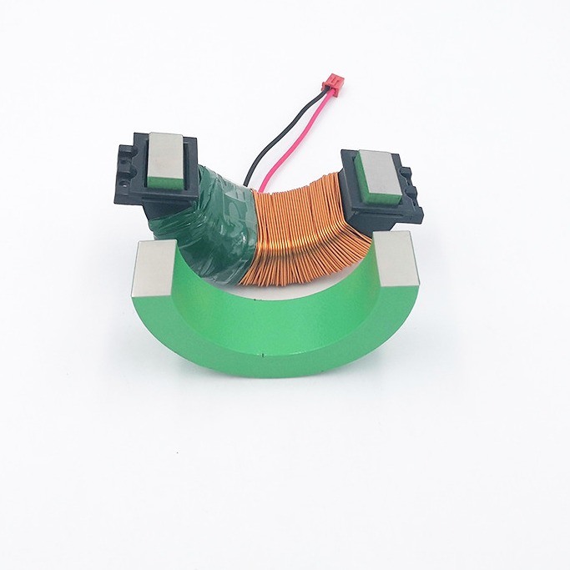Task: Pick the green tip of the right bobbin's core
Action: pyautogui.click(x=368, y=163)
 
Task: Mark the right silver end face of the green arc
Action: pyautogui.click(x=397, y=258)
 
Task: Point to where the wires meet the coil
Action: pyautogui.click(x=267, y=186)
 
